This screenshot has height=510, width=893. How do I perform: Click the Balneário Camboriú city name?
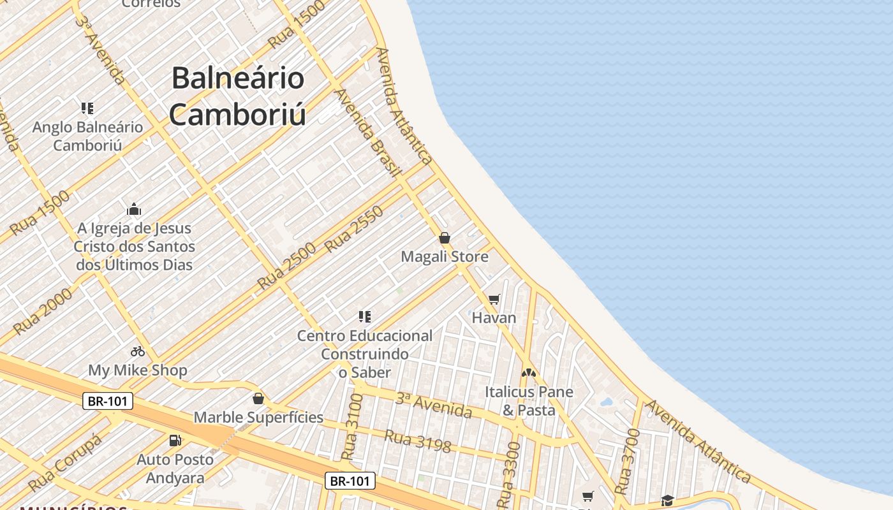237,96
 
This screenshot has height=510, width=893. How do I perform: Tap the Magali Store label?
445,257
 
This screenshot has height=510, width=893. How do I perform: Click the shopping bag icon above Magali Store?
445,238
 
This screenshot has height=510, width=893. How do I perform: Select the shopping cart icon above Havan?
494,299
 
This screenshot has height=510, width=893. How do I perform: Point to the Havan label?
494,317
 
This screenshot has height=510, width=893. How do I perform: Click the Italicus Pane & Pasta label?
529,401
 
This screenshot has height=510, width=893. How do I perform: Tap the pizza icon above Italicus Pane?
528,372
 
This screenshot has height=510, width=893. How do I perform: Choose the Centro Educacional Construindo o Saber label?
365,354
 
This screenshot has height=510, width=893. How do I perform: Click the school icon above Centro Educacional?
365,316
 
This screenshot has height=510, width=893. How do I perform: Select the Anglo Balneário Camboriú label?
87,136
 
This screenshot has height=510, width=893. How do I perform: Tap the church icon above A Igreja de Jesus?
134,209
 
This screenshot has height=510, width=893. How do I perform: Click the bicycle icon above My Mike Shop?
138,351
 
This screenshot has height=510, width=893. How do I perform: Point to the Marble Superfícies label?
258,418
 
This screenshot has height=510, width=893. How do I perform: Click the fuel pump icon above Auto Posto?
175,440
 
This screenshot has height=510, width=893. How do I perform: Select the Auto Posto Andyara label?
175,469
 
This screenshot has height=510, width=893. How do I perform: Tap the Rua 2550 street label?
355,229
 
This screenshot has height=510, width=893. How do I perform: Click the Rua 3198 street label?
418,441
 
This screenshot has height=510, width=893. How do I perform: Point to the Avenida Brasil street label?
367,132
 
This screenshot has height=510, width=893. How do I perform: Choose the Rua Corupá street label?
65,463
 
